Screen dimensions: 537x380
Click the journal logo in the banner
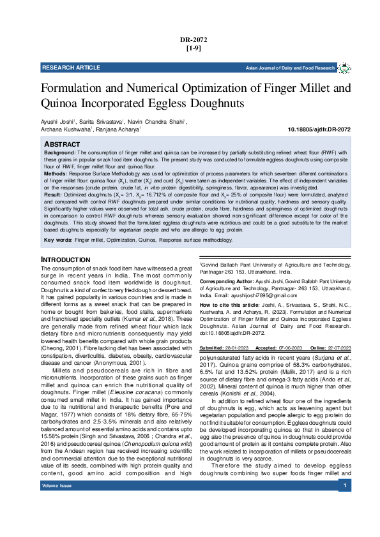pos(344,68)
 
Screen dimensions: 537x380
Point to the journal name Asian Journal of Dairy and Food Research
pos(291,68)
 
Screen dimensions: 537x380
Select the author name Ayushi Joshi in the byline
pos(57,121)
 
